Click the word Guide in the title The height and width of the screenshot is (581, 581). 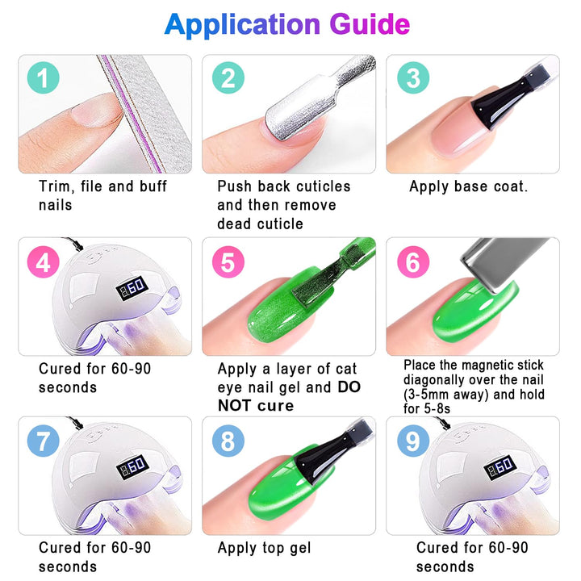point(370,24)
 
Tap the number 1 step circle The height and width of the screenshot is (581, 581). point(44,77)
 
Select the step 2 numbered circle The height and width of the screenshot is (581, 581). point(228,77)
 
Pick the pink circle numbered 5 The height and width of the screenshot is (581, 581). point(228,261)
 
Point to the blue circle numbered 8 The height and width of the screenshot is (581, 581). point(228,441)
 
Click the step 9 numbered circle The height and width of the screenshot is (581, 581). point(413,441)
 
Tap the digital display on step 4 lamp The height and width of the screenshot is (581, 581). point(132,288)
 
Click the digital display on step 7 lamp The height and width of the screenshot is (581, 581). point(133,466)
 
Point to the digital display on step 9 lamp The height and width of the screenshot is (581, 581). point(500,466)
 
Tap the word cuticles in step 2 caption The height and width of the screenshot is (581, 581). point(324,186)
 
